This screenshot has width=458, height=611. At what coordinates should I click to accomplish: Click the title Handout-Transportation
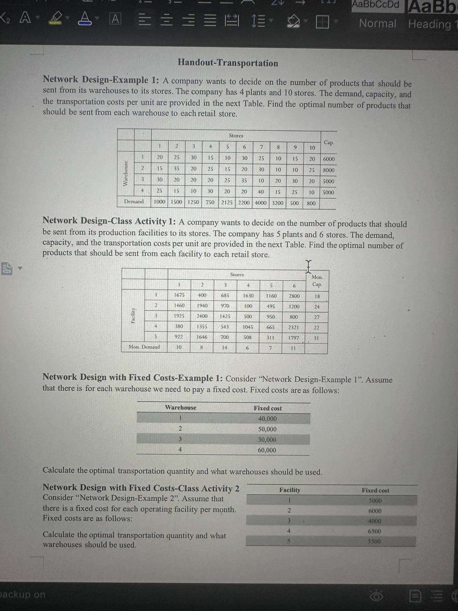coord(228,63)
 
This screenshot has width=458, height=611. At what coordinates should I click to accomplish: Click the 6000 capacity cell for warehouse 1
coord(329,159)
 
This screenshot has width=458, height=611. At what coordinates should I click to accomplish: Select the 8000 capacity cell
coord(329,170)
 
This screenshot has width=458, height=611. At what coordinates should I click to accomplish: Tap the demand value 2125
coord(227,203)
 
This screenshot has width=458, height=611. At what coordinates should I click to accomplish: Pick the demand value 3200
coord(278,203)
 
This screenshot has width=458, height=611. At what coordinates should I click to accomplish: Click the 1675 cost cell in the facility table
coord(179,295)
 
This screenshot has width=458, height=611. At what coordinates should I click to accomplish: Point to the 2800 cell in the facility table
coord(294,296)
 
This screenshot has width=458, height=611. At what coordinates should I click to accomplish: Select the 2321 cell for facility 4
coord(293,328)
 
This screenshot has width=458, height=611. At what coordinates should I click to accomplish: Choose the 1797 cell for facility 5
coord(293,338)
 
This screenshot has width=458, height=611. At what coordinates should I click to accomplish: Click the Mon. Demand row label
coord(144,347)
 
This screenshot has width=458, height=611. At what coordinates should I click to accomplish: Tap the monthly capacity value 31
coord(316,338)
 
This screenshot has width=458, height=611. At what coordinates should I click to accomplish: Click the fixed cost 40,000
coord(267,419)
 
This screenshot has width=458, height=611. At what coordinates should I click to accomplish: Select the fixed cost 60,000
coord(267,450)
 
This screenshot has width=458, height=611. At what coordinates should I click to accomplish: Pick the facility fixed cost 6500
coord(374,532)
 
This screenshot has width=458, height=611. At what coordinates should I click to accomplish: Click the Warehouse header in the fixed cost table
coord(180,408)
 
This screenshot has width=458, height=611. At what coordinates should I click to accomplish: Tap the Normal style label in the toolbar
coord(377,24)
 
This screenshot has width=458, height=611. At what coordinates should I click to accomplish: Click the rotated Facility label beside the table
coord(133,316)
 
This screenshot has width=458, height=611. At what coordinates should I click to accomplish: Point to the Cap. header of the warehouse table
coord(328,143)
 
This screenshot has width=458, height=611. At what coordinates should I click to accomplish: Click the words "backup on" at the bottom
coord(23,595)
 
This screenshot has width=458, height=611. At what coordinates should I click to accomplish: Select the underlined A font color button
coord(84,18)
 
